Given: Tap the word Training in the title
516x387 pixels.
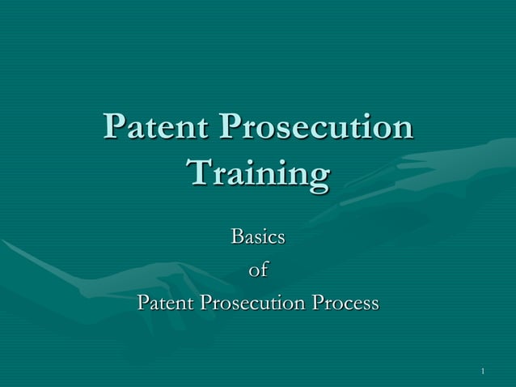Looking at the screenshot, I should [257, 175].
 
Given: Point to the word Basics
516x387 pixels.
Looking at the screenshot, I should [258, 237].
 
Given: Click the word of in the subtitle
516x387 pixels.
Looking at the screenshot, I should [258, 270].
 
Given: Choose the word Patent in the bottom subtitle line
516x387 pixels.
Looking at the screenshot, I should [166, 304].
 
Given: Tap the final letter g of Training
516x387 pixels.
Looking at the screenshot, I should [319, 178].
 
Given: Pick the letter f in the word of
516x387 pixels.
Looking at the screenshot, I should [264, 270].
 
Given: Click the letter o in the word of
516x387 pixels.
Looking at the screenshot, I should [253, 272].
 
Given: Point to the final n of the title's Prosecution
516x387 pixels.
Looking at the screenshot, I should [403, 130].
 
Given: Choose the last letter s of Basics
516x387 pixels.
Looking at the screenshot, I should [281, 239].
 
